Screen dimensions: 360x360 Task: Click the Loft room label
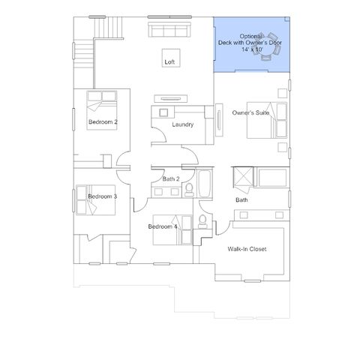169,61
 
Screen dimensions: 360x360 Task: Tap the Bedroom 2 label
103,122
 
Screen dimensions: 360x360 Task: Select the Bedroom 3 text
103,196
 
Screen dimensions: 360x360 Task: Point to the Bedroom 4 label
163,226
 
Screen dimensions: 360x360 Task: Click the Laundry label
183,124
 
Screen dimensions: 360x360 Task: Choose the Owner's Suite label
250,112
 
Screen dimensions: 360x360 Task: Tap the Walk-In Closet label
247,249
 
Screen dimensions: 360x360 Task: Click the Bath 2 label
171,179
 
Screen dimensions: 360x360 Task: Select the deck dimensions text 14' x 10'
252,49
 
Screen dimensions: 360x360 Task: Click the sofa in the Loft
169,30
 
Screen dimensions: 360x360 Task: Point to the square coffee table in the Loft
171,58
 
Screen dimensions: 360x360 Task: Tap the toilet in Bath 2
189,190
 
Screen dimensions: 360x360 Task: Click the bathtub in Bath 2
205,184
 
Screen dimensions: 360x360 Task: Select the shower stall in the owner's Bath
243,177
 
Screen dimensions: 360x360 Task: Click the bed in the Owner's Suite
267,120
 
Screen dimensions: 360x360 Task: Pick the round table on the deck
267,46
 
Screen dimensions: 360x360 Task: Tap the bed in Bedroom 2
102,110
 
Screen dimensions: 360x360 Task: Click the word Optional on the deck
250,37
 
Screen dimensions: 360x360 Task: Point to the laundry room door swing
159,135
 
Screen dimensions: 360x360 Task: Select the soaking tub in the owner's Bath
272,178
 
